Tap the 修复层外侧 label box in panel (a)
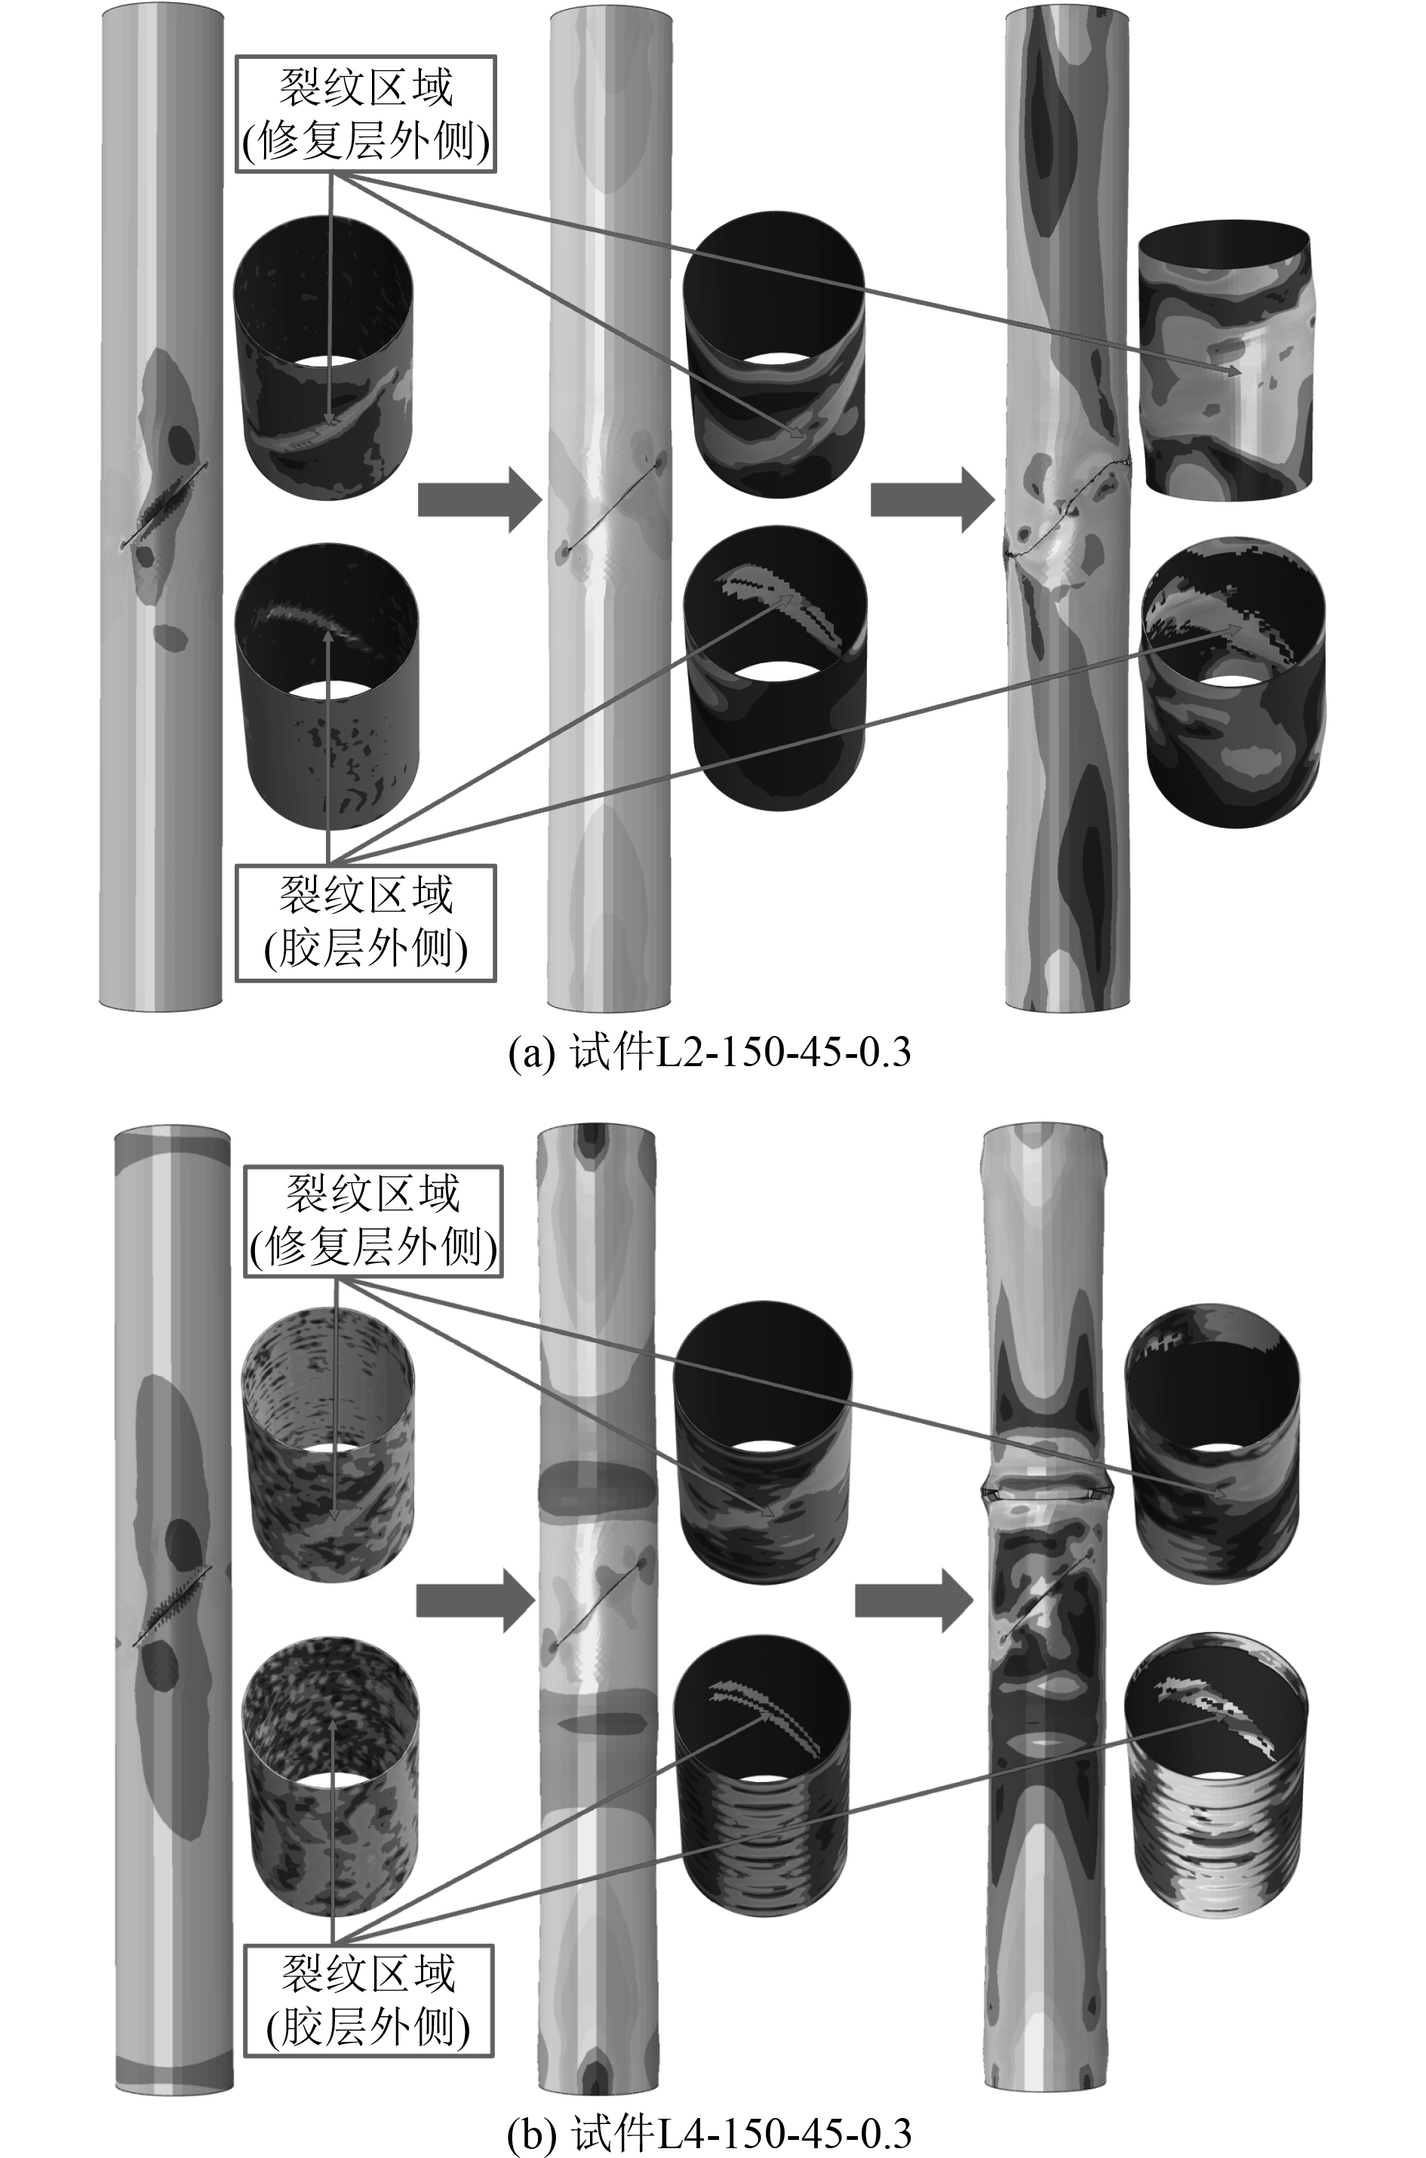pyautogui.click(x=367, y=115)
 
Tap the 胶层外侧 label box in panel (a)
pyautogui.click(x=367, y=922)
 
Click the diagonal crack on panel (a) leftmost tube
pyautogui.click(x=164, y=506)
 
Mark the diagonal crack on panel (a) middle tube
pyautogui.click(x=611, y=506)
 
